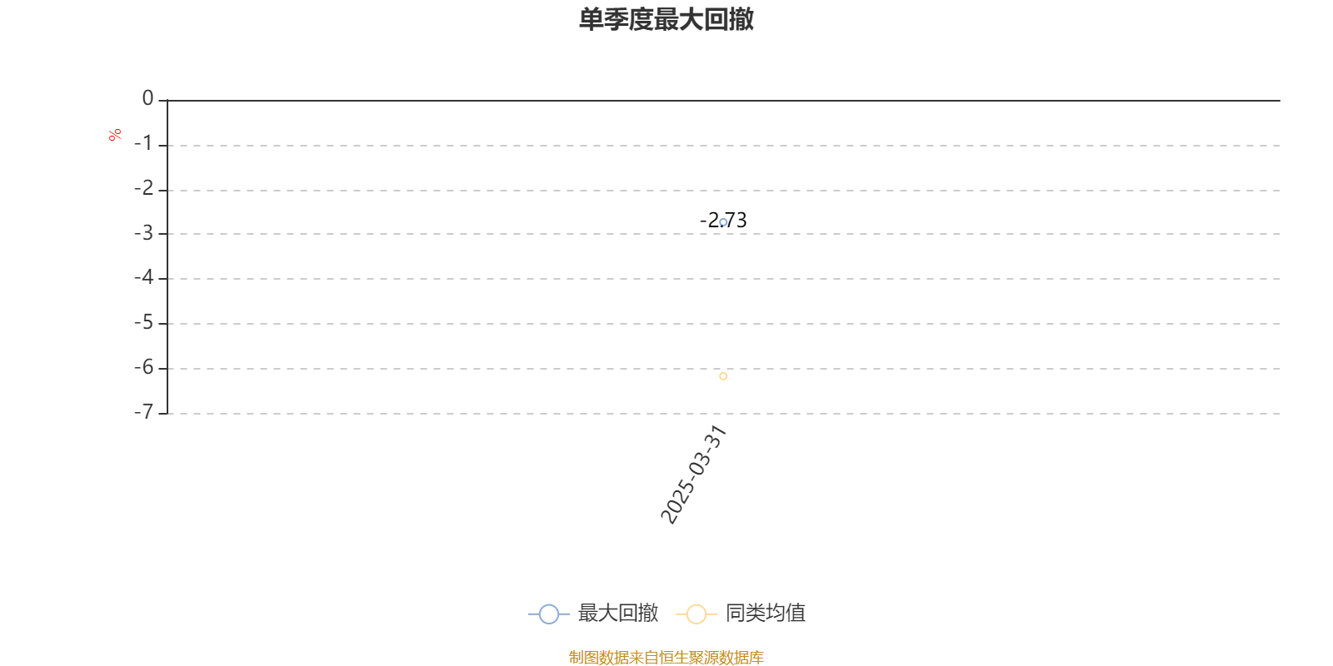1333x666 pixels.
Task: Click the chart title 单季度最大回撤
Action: (x=666, y=19)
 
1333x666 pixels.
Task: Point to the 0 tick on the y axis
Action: (x=147, y=98)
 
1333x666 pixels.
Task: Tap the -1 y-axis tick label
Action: (x=144, y=143)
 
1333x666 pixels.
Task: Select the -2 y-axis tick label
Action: (x=144, y=188)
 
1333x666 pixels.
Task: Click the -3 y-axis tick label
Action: (x=144, y=232)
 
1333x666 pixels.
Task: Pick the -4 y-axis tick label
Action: (x=144, y=277)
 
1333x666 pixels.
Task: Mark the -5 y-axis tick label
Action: (x=144, y=322)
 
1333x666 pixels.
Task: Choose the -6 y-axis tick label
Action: (x=144, y=367)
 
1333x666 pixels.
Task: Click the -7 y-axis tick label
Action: (x=144, y=411)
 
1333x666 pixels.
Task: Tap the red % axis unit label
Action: (x=115, y=135)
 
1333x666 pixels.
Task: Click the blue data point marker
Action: (x=723, y=222)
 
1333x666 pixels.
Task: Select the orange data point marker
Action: (x=723, y=375)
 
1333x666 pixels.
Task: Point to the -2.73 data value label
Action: (x=723, y=221)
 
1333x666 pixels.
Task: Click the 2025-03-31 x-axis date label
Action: (x=693, y=475)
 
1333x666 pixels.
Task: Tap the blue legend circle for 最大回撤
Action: (x=549, y=614)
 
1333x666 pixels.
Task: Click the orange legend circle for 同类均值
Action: (x=696, y=614)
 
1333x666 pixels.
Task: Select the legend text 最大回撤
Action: (x=617, y=613)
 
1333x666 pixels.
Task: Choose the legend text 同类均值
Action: (x=766, y=613)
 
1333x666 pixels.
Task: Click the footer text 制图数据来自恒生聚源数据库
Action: (x=666, y=657)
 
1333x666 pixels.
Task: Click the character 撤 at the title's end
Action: (x=741, y=19)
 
